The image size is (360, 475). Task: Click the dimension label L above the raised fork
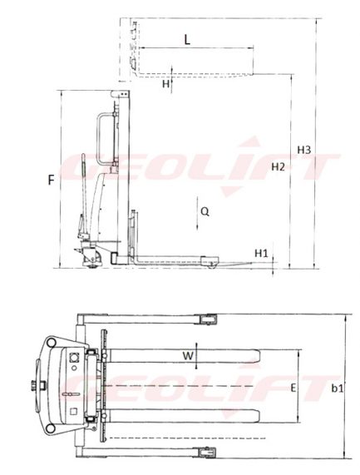(186, 39)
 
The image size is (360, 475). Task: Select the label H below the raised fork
(165, 83)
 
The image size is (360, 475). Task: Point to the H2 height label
(278, 167)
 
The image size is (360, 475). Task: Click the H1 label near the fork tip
(261, 252)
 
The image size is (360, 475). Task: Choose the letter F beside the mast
(52, 180)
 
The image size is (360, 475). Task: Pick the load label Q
(205, 211)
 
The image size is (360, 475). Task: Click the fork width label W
(188, 357)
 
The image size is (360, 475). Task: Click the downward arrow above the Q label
(194, 204)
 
